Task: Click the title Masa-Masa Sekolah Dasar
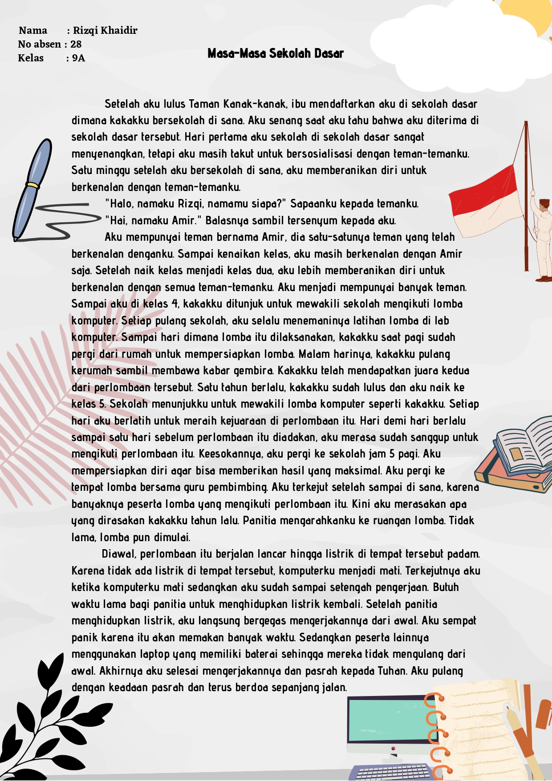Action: (x=276, y=53)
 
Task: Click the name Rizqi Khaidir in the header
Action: (x=105, y=30)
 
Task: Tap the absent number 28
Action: (x=76, y=44)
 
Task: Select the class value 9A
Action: (x=78, y=58)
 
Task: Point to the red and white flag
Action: (x=485, y=200)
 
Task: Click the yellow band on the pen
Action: (x=32, y=185)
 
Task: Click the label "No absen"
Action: (x=40, y=44)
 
